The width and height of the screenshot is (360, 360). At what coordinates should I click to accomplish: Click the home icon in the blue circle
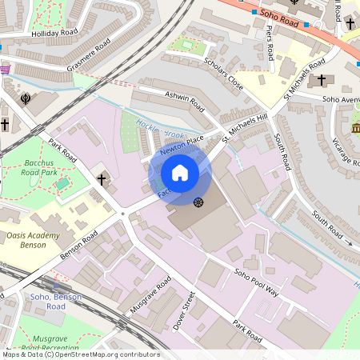tap(180, 173)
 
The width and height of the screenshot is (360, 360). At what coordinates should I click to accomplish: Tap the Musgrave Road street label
tap(148, 297)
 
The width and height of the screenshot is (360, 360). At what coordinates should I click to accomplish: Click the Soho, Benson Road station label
tap(56, 302)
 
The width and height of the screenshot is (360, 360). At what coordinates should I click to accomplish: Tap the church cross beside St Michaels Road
tap(322, 80)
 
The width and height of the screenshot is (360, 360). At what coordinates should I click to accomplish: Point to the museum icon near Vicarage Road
tap(355, 128)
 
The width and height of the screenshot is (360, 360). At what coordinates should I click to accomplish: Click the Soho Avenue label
tap(340, 100)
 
